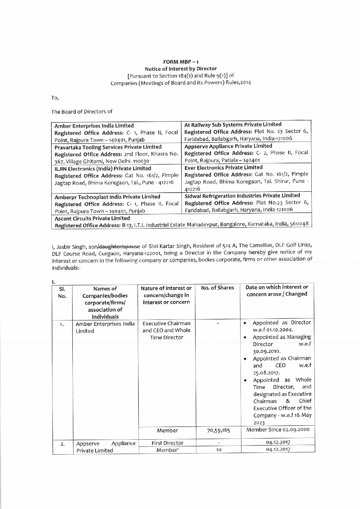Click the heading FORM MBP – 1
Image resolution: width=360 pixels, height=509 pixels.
(181, 62)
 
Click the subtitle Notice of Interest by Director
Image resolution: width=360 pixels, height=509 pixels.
(181, 68)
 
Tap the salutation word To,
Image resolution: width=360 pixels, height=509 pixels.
(55, 98)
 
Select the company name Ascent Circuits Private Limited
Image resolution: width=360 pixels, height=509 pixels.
(92, 218)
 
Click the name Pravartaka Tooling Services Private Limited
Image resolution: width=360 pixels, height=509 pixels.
(108, 147)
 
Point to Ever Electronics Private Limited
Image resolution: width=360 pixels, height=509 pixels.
(223, 167)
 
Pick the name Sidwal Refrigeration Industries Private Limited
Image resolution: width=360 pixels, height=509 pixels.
(242, 195)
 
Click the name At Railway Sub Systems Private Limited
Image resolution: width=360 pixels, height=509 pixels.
(233, 124)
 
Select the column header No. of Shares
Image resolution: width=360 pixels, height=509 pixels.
(217, 288)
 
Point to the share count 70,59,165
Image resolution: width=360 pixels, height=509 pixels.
(219, 430)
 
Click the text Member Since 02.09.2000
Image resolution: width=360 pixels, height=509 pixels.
(278, 429)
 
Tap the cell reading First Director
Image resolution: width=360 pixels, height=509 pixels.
(167, 443)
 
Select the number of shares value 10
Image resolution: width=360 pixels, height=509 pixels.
(219, 450)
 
